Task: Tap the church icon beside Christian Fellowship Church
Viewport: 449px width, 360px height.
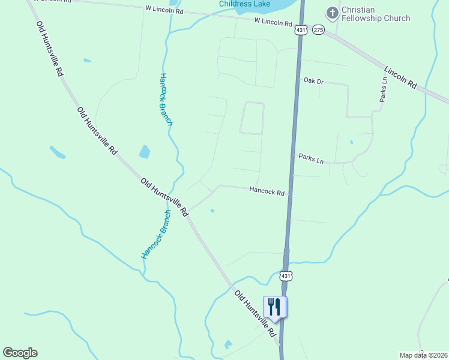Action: (331, 13)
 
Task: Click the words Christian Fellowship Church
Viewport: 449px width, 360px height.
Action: (376, 14)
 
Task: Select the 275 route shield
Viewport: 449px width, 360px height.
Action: (318, 29)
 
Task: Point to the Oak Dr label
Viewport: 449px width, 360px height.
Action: (313, 80)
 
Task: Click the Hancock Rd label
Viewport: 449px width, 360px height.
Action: (267, 191)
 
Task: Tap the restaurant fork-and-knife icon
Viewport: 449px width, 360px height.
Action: (274, 307)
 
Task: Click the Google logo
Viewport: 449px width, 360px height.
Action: (20, 353)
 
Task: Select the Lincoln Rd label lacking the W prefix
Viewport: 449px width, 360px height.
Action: (400, 77)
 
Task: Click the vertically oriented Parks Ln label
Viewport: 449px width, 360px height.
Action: (384, 89)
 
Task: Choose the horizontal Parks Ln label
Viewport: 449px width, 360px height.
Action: (311, 160)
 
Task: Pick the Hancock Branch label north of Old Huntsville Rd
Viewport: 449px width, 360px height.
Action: (166, 99)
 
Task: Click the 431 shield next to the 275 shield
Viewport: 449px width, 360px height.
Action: (301, 29)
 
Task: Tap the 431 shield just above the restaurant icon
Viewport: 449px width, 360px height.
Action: (286, 275)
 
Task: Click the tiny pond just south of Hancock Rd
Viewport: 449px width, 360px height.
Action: (212, 211)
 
